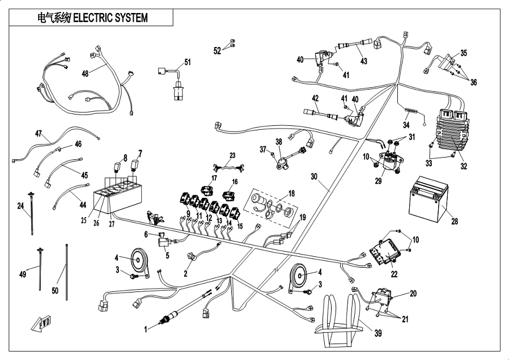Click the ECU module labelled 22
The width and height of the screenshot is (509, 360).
pos(384,253)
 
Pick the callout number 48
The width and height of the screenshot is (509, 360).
pos(85,74)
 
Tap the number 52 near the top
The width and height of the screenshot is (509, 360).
pos(218,50)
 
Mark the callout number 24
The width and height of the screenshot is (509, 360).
pos(21,206)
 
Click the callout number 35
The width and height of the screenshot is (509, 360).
pos(463,53)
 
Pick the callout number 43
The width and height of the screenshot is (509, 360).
pos(363,61)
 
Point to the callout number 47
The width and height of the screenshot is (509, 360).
pos(39,134)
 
